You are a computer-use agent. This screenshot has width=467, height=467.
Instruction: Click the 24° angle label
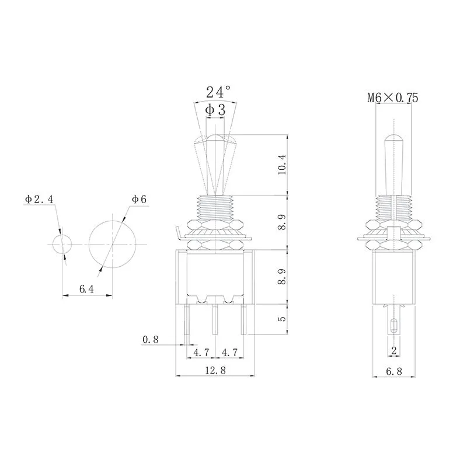click(x=218, y=92)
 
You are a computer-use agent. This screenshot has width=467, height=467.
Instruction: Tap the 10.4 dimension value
click(x=282, y=165)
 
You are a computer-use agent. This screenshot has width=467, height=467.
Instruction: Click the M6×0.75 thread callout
click(x=392, y=98)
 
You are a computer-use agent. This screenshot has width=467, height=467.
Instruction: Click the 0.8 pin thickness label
click(x=149, y=339)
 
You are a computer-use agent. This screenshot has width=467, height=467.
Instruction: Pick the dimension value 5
click(x=282, y=319)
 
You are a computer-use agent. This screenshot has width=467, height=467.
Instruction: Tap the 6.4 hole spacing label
click(x=87, y=288)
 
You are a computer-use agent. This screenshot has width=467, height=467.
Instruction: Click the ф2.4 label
click(x=39, y=200)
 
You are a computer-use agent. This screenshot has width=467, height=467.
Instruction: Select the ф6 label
click(x=139, y=200)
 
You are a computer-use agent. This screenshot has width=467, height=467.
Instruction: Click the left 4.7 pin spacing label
click(x=201, y=352)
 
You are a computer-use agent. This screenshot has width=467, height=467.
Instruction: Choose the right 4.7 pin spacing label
click(x=229, y=352)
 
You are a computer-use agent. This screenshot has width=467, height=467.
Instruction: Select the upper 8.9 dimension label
click(x=282, y=222)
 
